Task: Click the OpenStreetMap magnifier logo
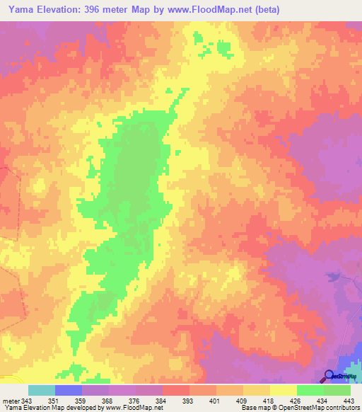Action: pos(329,376)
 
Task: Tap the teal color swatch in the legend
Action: pos(42,390)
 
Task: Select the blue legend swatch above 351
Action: pos(69,390)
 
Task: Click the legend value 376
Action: pos(132,400)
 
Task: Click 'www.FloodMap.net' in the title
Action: pos(213,10)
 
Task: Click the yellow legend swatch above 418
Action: pos(257,390)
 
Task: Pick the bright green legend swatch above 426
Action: pos(310,390)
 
